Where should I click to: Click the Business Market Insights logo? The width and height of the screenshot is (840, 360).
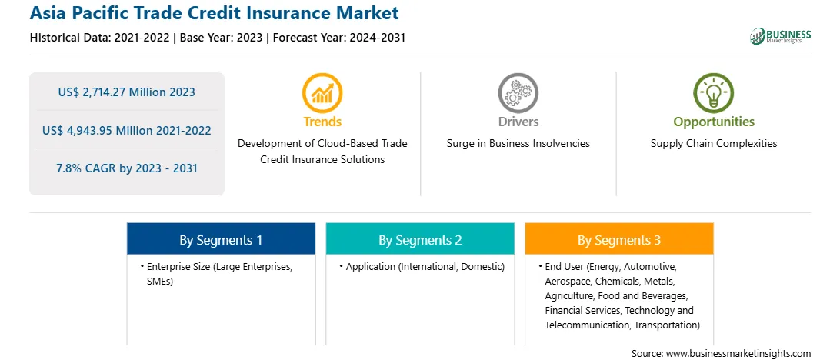(781, 36)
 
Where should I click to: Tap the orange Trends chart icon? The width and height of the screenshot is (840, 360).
(322, 92)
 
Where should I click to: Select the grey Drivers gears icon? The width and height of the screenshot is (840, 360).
(518, 92)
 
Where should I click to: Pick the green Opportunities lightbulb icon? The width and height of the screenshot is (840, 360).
(714, 92)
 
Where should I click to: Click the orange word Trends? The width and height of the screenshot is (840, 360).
(322, 122)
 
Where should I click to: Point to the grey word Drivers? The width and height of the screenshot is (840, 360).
(518, 122)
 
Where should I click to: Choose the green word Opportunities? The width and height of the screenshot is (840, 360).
(714, 122)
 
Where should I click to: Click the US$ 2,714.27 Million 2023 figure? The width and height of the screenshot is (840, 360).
(127, 92)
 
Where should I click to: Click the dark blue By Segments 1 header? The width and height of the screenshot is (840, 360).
(222, 240)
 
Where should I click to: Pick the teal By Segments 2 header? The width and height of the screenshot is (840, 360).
(420, 240)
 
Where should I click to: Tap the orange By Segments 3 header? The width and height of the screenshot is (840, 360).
(619, 240)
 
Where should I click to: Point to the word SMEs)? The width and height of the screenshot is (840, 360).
(160, 282)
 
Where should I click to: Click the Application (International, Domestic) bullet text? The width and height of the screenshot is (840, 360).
(425, 267)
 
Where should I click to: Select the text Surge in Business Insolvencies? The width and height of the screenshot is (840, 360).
(518, 144)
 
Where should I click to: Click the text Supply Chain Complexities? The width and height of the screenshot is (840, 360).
(714, 144)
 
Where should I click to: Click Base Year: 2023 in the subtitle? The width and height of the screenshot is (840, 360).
(222, 38)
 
